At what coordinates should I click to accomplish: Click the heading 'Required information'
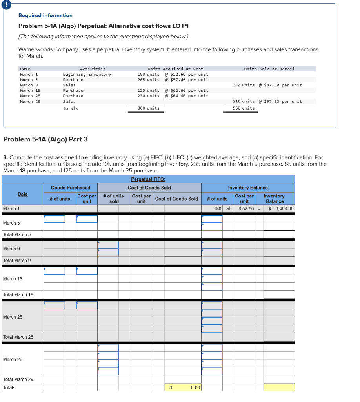point(45,15)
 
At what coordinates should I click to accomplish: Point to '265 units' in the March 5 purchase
point(148,80)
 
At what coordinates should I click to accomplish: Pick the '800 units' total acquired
point(148,108)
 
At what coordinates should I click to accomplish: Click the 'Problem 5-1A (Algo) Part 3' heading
point(45,139)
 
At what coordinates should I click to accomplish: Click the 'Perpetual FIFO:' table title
point(148,179)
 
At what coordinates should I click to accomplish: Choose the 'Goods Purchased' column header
point(70,188)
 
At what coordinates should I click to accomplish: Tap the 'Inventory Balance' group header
point(248,188)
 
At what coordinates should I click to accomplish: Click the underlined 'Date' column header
point(23,194)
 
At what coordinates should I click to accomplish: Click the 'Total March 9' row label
point(17,261)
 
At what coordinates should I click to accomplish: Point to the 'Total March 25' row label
point(18,337)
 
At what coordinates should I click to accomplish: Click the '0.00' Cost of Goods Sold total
point(195,387)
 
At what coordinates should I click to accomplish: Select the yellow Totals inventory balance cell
point(279,387)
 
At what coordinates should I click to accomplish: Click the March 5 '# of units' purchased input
point(55,219)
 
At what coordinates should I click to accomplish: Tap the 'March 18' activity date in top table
point(30,90)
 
